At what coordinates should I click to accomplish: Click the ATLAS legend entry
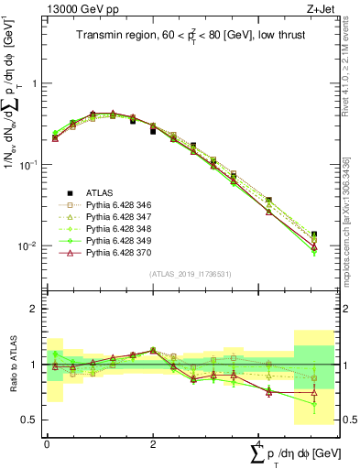click(x=100, y=192)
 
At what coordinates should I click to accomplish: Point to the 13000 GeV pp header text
click(x=79, y=10)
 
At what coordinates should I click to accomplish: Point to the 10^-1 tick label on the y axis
click(x=29, y=165)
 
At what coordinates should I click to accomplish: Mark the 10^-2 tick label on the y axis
click(x=29, y=246)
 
